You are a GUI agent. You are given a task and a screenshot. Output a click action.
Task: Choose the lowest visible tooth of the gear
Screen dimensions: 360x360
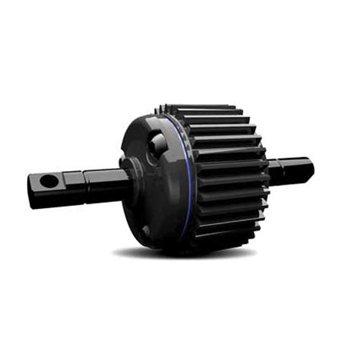[220, 242]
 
